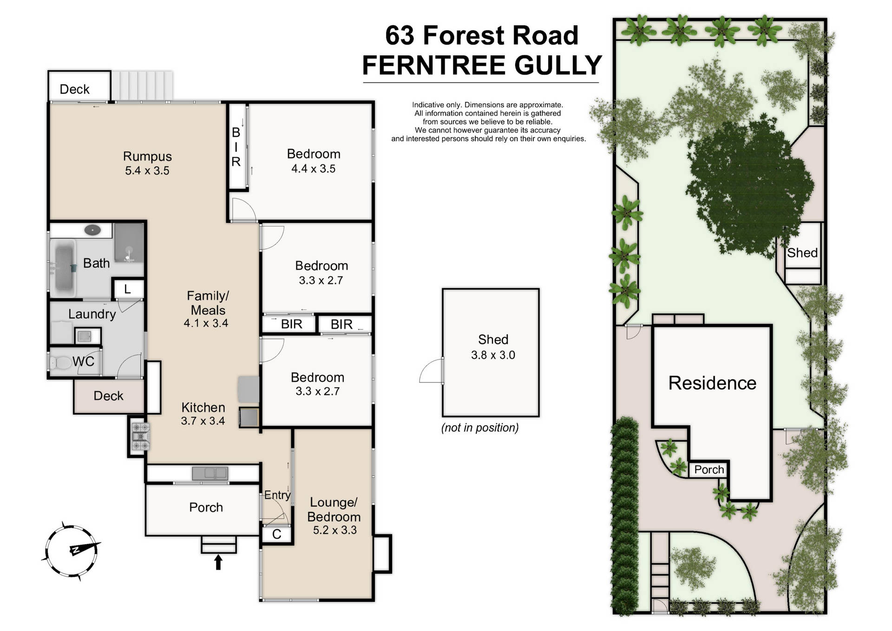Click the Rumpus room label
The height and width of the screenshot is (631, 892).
(x=147, y=157)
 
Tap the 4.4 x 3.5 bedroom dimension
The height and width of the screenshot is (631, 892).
(x=313, y=169)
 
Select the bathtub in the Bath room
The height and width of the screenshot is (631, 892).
(x=64, y=268)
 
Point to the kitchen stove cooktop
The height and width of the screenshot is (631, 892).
(x=140, y=437)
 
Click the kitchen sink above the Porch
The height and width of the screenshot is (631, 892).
(x=210, y=473)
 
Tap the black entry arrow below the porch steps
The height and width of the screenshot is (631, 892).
(x=218, y=562)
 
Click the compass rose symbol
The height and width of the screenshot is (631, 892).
(x=72, y=551)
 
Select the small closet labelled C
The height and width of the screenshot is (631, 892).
(x=277, y=534)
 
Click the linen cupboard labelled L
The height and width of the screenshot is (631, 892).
(x=127, y=289)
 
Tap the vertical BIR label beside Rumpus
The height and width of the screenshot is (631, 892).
(x=236, y=147)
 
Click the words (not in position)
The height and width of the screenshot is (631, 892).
(x=479, y=427)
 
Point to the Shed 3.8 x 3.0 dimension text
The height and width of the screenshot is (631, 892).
(x=493, y=355)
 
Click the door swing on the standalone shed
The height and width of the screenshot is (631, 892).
(x=431, y=372)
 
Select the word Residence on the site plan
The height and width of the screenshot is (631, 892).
(x=712, y=383)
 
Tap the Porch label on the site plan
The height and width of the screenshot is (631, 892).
(x=708, y=470)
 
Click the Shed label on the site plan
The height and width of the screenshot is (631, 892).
(x=802, y=253)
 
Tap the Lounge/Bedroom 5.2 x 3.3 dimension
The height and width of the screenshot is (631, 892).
(x=334, y=530)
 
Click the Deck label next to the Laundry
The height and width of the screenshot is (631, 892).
(x=108, y=396)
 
